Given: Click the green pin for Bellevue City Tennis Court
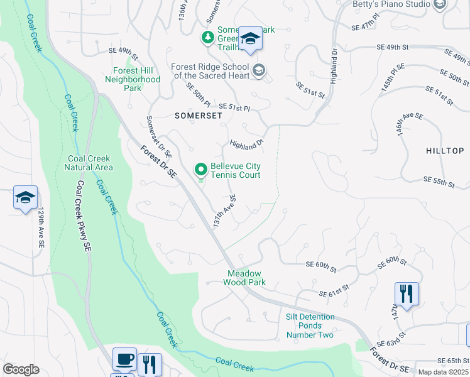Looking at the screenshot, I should click(x=200, y=170).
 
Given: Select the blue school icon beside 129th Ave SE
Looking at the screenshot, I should click(x=25, y=198).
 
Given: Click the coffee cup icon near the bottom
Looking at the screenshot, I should click(x=124, y=359).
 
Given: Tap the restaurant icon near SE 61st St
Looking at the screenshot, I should click(x=407, y=293).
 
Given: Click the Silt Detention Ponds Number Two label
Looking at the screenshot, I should click(x=310, y=325).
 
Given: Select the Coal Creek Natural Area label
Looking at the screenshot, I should click(x=89, y=163).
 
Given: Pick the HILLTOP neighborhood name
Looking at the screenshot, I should click(x=445, y=151).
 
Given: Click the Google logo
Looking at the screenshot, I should click(x=21, y=369).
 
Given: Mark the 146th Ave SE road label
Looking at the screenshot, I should click(x=410, y=125).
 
